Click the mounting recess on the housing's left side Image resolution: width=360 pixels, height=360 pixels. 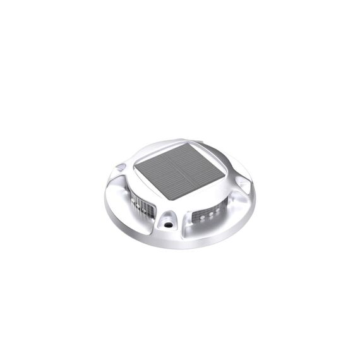pos(121,169)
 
